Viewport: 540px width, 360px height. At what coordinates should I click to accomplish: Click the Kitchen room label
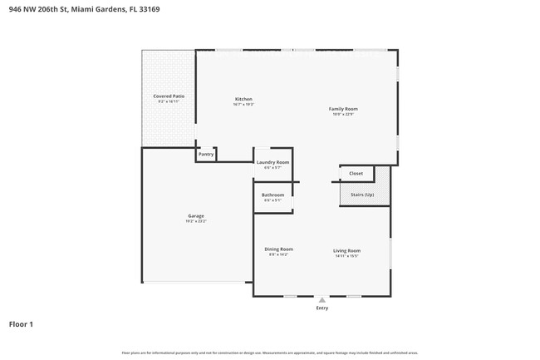[243, 99]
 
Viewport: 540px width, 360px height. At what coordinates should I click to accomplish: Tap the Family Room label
[342, 109]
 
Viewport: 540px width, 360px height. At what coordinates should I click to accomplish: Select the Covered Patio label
[168, 96]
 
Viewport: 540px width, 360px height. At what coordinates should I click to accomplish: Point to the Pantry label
[206, 154]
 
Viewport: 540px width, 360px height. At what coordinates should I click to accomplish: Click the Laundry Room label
[272, 162]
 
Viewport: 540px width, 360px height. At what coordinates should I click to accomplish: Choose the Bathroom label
[272, 195]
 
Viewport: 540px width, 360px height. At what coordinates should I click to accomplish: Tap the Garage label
[195, 216]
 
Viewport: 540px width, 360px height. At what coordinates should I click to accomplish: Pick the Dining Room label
[278, 249]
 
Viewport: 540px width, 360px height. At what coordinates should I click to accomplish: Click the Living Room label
[346, 249]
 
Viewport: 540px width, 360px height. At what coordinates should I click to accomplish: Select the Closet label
[356, 174]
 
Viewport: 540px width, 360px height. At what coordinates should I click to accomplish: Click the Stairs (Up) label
[362, 195]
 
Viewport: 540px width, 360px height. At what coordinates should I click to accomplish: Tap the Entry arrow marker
[322, 299]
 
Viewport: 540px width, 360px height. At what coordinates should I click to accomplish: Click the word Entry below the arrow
[322, 308]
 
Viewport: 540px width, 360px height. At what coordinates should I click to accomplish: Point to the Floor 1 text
[21, 323]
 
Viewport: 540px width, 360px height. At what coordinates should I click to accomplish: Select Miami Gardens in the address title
[94, 9]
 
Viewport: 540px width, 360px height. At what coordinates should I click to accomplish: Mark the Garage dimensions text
[195, 221]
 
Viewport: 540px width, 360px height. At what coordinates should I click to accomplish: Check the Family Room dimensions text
[342, 114]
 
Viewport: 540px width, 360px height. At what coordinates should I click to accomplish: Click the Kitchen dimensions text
[243, 104]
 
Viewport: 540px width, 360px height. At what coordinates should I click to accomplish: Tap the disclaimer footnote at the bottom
[270, 353]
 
